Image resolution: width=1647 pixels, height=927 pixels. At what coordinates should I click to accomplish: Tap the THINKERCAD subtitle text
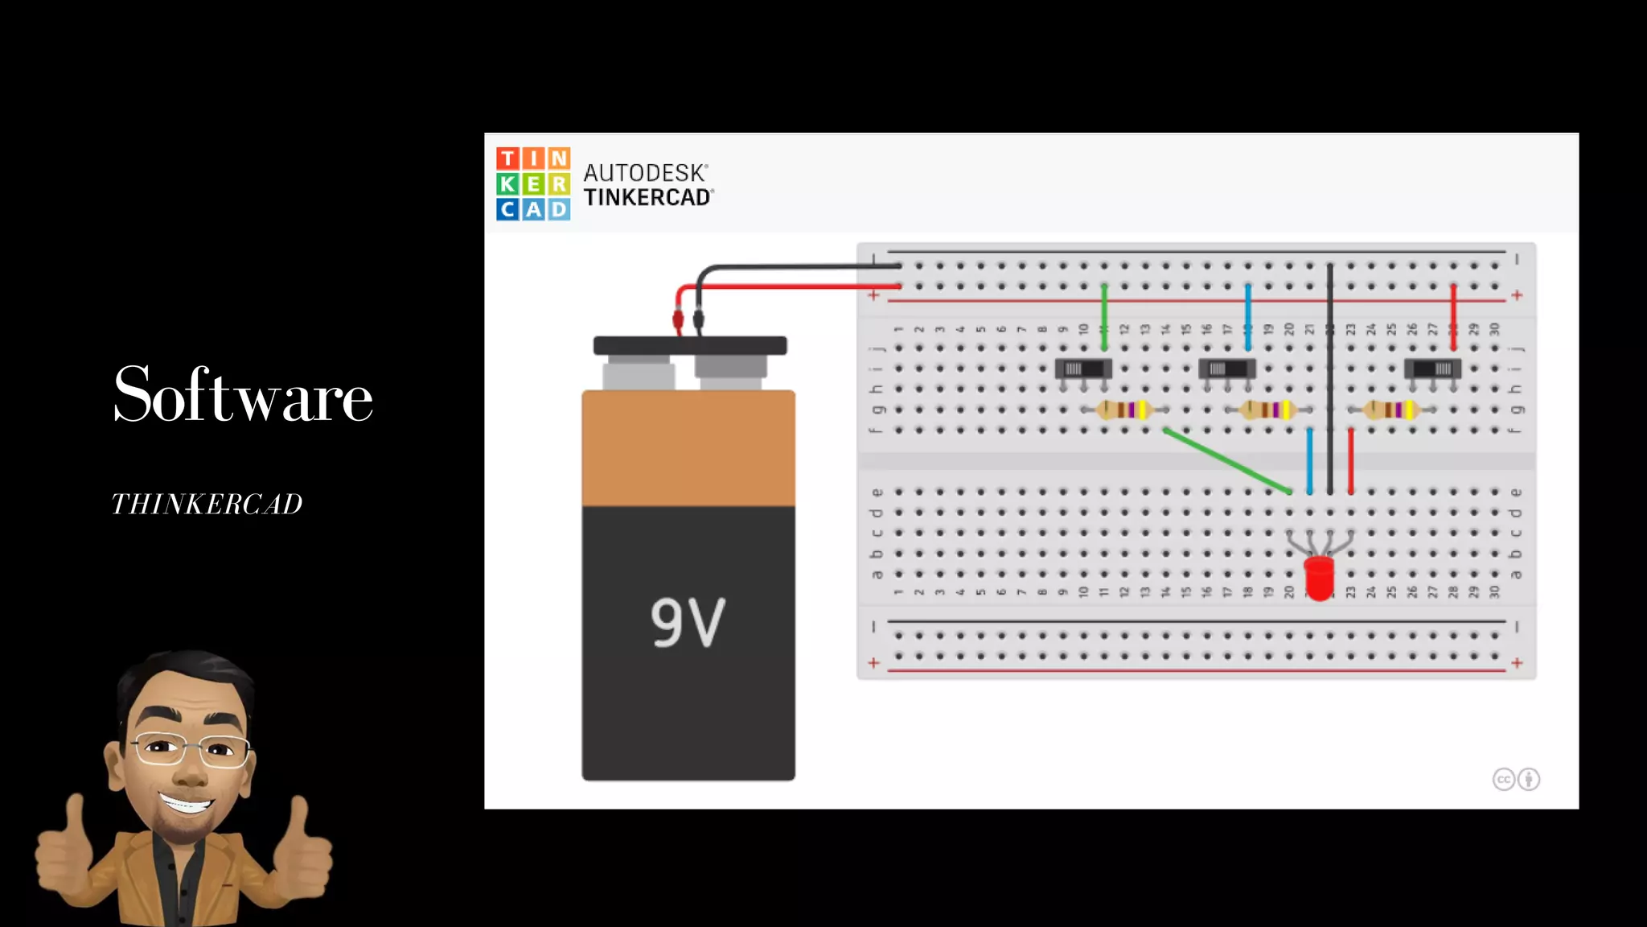[207, 505]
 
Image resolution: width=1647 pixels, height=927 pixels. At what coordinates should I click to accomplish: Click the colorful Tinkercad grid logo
[533, 183]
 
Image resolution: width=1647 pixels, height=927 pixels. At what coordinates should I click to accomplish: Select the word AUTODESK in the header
[645, 172]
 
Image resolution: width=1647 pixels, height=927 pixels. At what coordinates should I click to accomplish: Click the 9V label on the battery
[688, 622]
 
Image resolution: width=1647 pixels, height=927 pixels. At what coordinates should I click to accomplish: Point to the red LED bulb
[1319, 577]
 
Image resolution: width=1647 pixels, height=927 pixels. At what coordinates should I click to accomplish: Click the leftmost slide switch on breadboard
[1082, 369]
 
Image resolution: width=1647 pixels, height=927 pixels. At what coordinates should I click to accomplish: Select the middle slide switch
[1226, 369]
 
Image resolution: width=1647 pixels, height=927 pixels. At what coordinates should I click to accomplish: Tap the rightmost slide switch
[1432, 369]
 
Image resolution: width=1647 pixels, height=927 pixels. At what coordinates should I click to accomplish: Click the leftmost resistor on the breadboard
[1124, 410]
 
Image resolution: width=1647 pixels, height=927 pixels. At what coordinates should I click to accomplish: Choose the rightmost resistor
[1392, 410]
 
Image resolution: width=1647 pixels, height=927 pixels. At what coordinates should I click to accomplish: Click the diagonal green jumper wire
[1227, 460]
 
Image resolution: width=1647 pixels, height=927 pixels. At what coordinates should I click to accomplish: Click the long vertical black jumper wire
[1330, 378]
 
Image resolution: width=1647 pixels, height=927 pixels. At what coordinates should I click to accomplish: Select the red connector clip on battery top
[678, 321]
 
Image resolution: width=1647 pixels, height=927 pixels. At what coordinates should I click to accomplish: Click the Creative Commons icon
[1504, 779]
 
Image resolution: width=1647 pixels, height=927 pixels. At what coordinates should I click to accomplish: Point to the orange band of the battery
[688, 448]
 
